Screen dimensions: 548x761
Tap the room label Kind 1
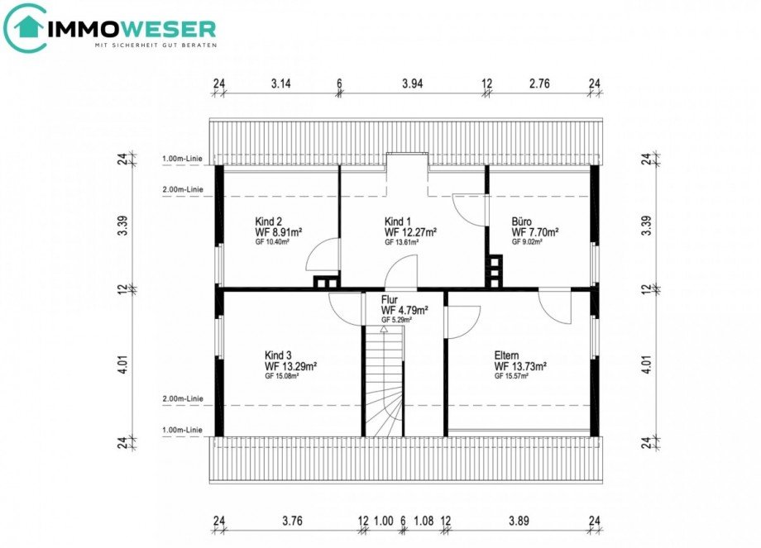(x=397, y=222)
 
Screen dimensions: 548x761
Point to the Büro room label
(x=521, y=222)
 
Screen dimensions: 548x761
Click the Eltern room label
(x=509, y=354)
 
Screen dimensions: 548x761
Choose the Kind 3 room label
(x=279, y=354)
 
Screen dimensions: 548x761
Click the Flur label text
(x=390, y=300)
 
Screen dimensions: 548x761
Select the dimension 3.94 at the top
(x=412, y=83)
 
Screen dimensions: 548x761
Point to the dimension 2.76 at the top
(x=538, y=83)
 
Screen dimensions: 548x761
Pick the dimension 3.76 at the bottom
(x=293, y=521)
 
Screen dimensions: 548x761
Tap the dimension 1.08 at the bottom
(x=423, y=521)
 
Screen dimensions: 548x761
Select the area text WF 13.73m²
(x=522, y=365)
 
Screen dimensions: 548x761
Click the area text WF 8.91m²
(x=279, y=232)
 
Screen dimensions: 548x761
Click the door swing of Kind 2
(x=323, y=256)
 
